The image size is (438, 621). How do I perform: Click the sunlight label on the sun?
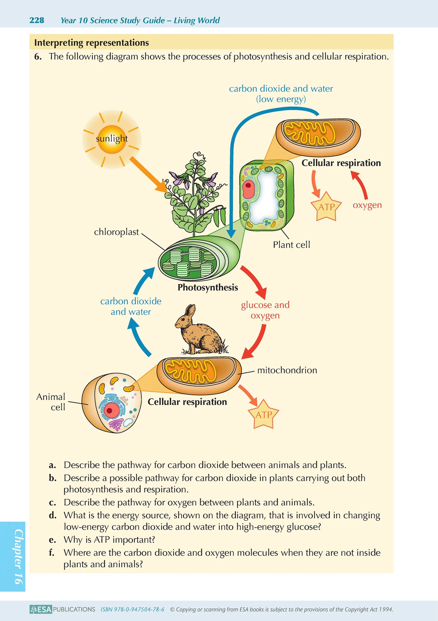tap(112, 139)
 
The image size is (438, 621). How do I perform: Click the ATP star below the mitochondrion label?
tap(263, 415)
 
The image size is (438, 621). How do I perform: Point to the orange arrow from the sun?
tap(149, 174)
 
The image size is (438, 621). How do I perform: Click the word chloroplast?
tap(116, 232)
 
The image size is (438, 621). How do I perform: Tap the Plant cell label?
tap(291, 245)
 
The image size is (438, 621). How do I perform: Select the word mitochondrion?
tap(287, 370)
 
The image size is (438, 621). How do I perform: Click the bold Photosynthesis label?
tap(208, 287)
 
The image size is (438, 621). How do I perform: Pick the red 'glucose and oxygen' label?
tap(265, 310)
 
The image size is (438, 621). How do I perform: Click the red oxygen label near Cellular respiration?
tap(367, 205)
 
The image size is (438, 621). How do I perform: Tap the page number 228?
tap(37, 20)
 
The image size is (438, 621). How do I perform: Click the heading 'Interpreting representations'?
tap(92, 43)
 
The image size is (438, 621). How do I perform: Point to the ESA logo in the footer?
tap(41, 609)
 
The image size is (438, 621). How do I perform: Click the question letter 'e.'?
tap(52, 539)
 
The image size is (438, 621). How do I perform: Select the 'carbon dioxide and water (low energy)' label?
tap(281, 94)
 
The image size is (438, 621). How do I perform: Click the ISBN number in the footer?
tap(132, 609)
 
